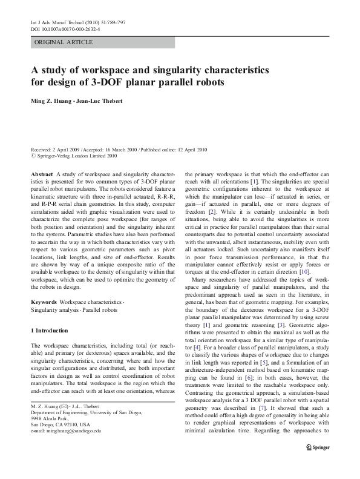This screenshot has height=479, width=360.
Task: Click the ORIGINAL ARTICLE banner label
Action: (x=64, y=42)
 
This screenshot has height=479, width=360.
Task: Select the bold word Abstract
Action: (x=41, y=173)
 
